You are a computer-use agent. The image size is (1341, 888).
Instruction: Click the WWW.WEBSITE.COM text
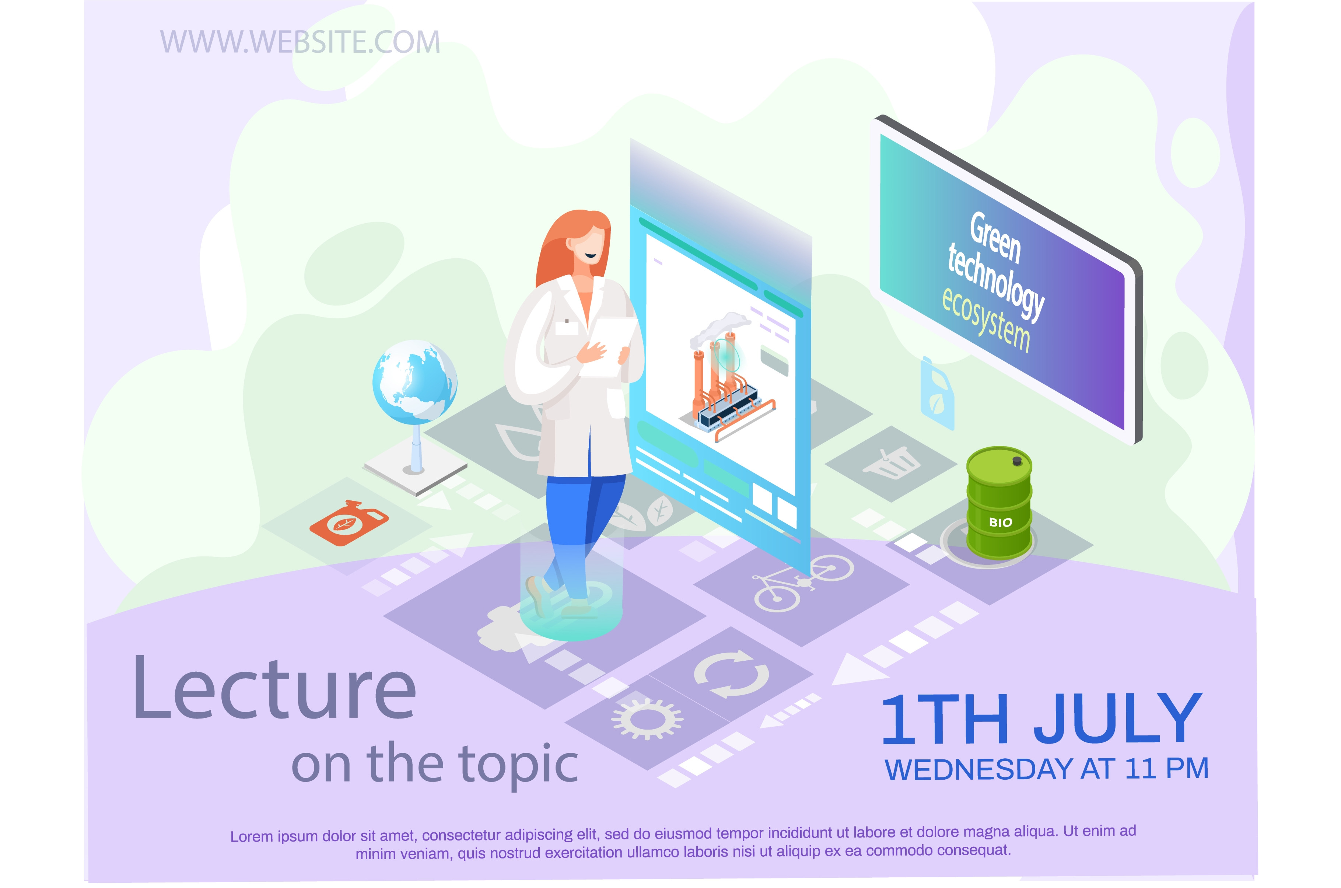(300, 42)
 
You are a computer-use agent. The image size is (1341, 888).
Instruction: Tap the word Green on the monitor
(995, 238)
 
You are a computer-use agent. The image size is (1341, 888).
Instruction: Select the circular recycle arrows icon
(731, 674)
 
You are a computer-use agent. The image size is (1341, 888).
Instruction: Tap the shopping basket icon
(891, 463)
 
